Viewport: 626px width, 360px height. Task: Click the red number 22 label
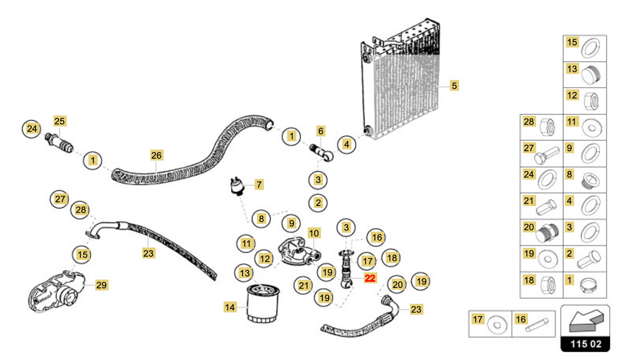point(370,278)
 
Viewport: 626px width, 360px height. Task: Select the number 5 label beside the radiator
point(454,86)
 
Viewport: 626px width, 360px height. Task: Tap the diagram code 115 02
point(586,344)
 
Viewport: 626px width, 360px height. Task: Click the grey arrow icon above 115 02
point(586,321)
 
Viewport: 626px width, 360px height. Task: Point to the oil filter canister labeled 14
point(263,304)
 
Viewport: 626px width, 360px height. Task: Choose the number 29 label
point(101,285)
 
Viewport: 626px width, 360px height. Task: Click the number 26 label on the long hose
point(156,155)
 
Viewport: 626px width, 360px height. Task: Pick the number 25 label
point(59,121)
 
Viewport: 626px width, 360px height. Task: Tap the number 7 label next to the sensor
point(259,185)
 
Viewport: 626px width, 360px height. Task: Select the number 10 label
point(314,233)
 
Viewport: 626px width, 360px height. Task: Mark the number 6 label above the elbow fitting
point(320,131)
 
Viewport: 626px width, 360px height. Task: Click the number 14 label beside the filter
point(230,307)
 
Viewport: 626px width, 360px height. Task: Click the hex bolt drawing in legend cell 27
point(547,155)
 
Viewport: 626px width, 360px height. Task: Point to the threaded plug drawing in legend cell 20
point(547,233)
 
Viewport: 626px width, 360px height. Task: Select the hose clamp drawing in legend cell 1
point(590,286)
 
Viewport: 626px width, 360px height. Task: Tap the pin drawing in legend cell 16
point(537,326)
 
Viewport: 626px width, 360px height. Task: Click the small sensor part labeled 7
point(237,186)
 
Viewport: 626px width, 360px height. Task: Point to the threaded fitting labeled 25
point(59,143)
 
